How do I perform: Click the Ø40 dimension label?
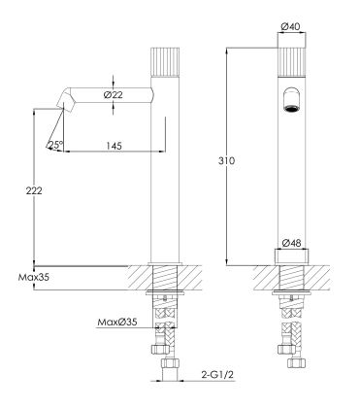tap(291, 27)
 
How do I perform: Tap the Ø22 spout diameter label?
tap(114, 95)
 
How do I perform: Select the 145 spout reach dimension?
tap(115, 146)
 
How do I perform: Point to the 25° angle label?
tap(55, 145)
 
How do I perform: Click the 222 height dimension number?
tap(34, 190)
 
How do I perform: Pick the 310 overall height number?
tap(226, 160)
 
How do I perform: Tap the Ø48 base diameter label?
tap(292, 243)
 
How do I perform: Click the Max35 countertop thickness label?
tap(34, 278)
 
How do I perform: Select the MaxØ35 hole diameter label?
tap(117, 322)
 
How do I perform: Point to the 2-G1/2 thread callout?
tap(217, 375)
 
